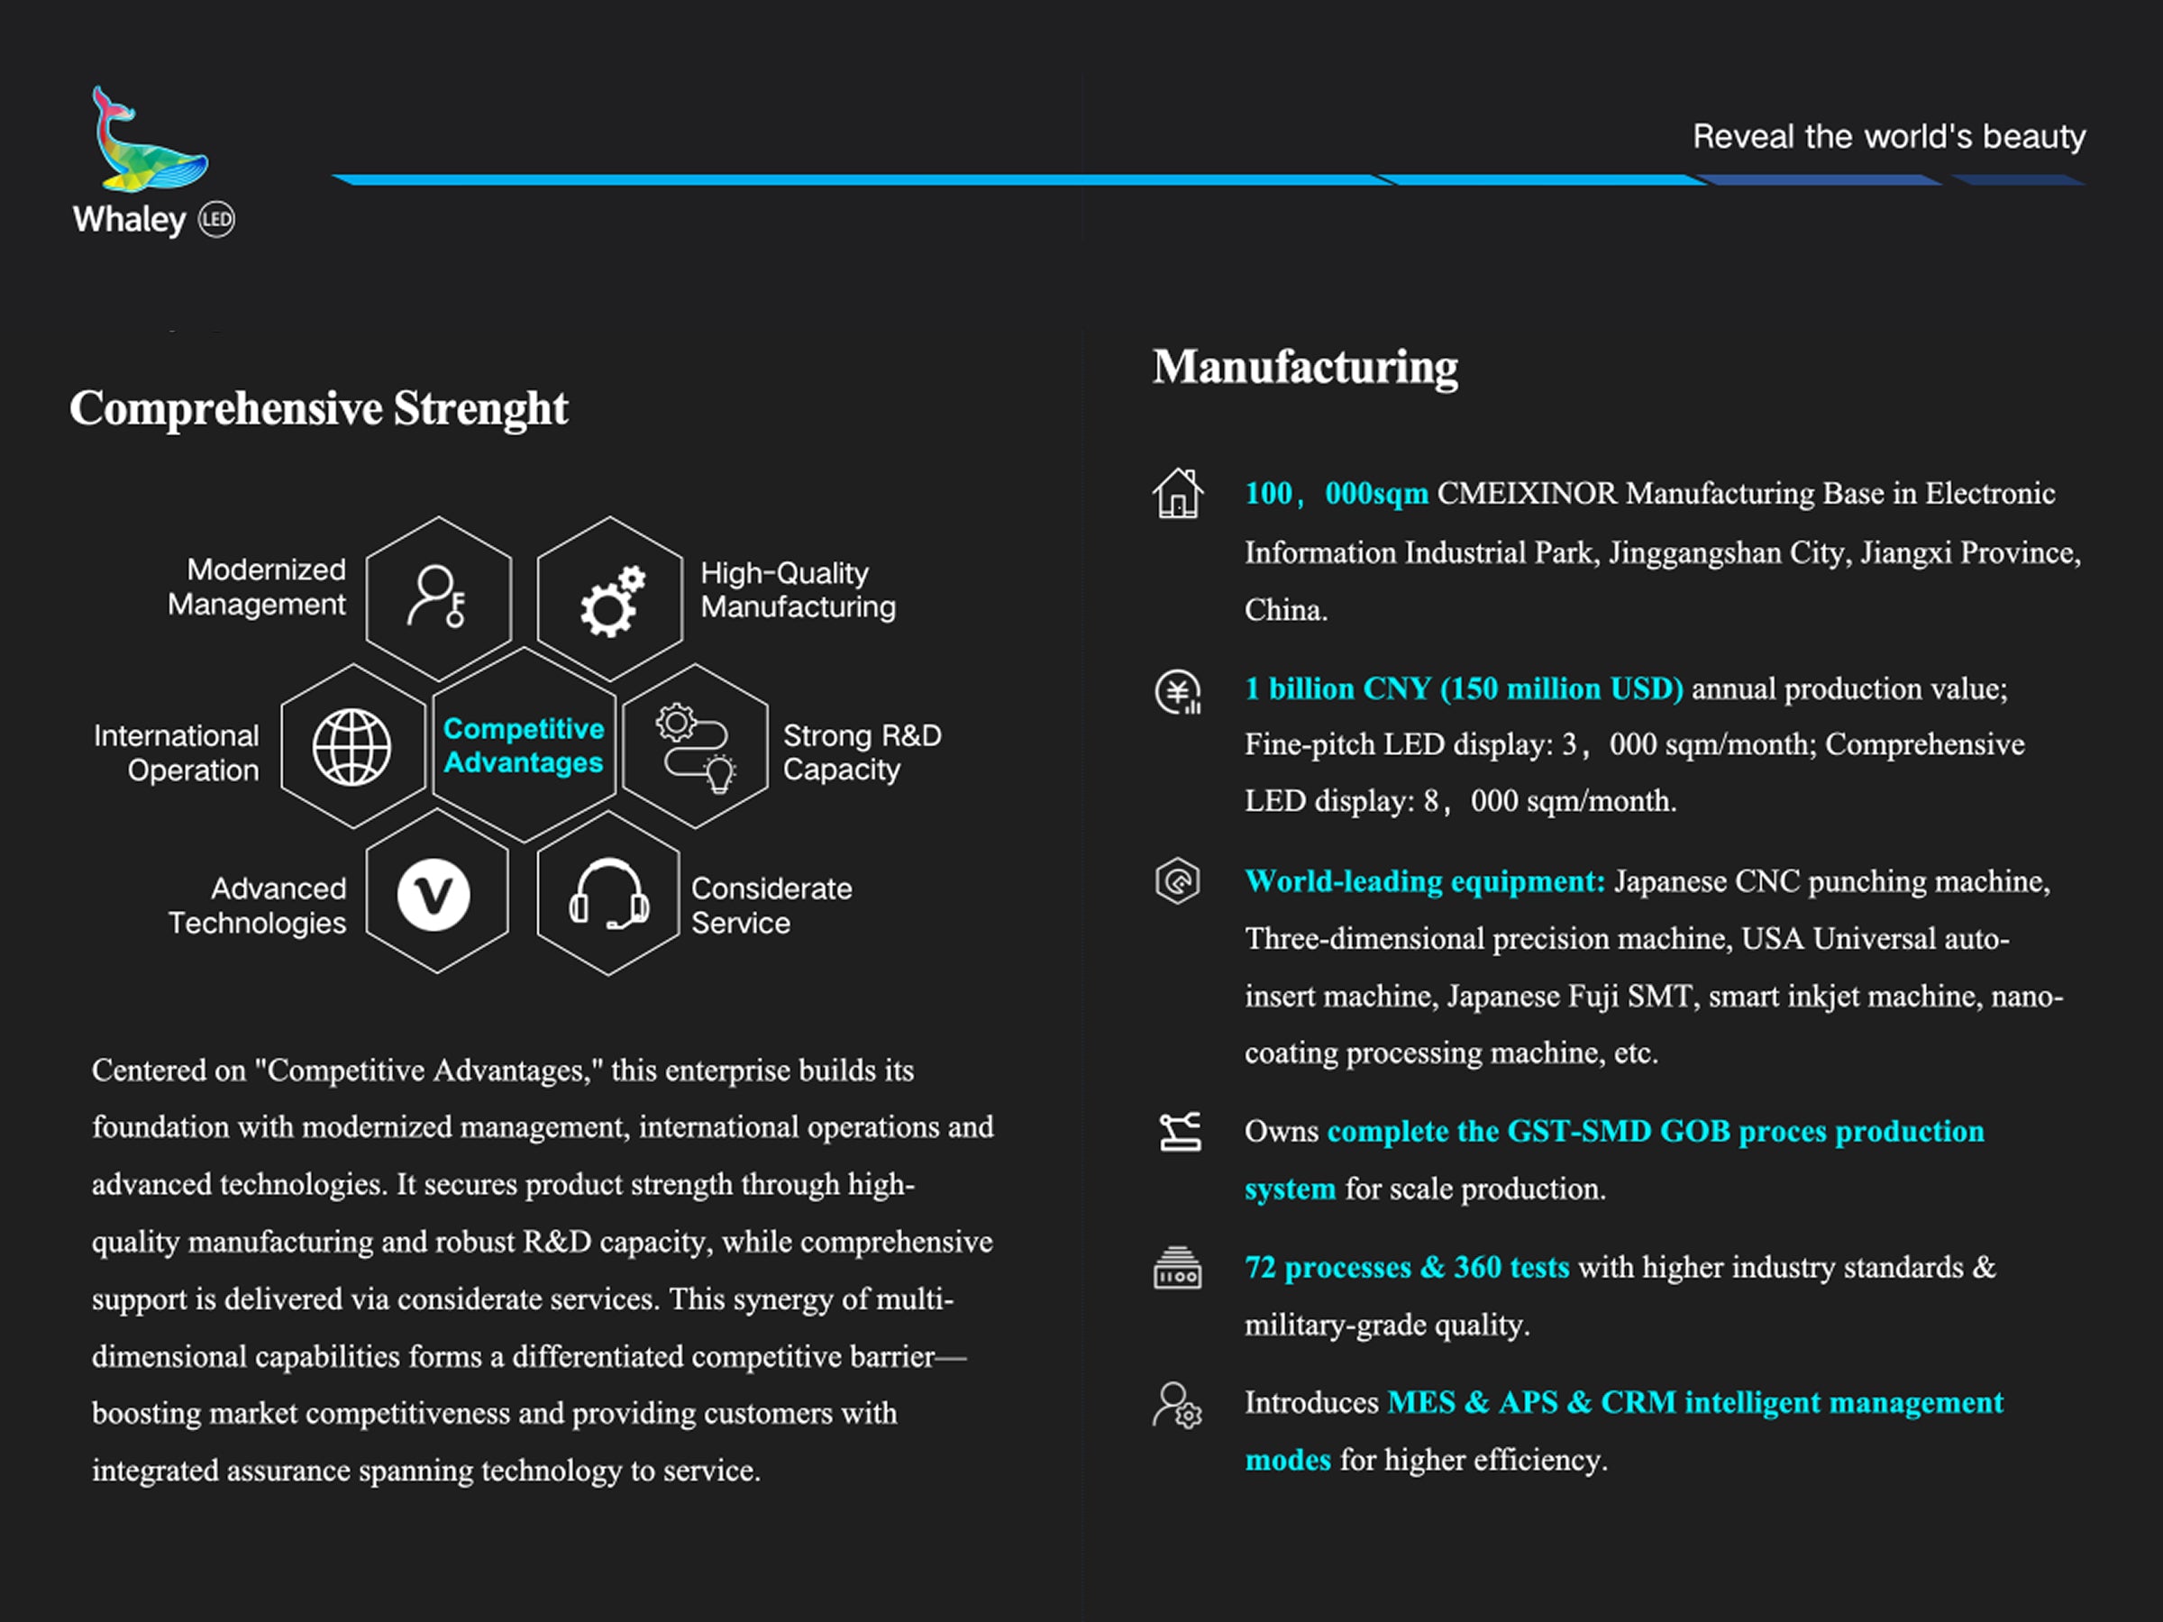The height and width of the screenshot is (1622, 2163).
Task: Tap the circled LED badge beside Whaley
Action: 216,220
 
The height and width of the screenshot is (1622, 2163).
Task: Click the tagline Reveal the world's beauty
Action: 1888,137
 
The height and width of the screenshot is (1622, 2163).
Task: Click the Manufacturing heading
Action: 1304,368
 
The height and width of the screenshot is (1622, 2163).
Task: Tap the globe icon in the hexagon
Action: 352,747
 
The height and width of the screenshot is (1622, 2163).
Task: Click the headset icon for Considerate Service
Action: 608,895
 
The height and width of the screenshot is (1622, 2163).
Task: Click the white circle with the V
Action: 434,895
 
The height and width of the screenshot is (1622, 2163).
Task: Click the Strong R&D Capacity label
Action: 862,752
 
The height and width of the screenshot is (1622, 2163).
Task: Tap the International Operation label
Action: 178,752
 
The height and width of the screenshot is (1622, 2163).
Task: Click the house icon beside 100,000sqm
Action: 1178,493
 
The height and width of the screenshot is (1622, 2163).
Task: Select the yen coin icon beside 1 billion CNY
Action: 1178,692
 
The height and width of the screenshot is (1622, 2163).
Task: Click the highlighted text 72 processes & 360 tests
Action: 1406,1267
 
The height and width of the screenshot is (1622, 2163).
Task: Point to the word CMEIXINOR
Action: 1527,493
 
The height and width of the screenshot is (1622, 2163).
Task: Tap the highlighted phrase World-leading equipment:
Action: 1425,881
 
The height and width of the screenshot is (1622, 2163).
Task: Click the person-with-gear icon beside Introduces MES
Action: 1177,1406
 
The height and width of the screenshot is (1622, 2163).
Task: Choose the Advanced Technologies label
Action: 258,906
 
